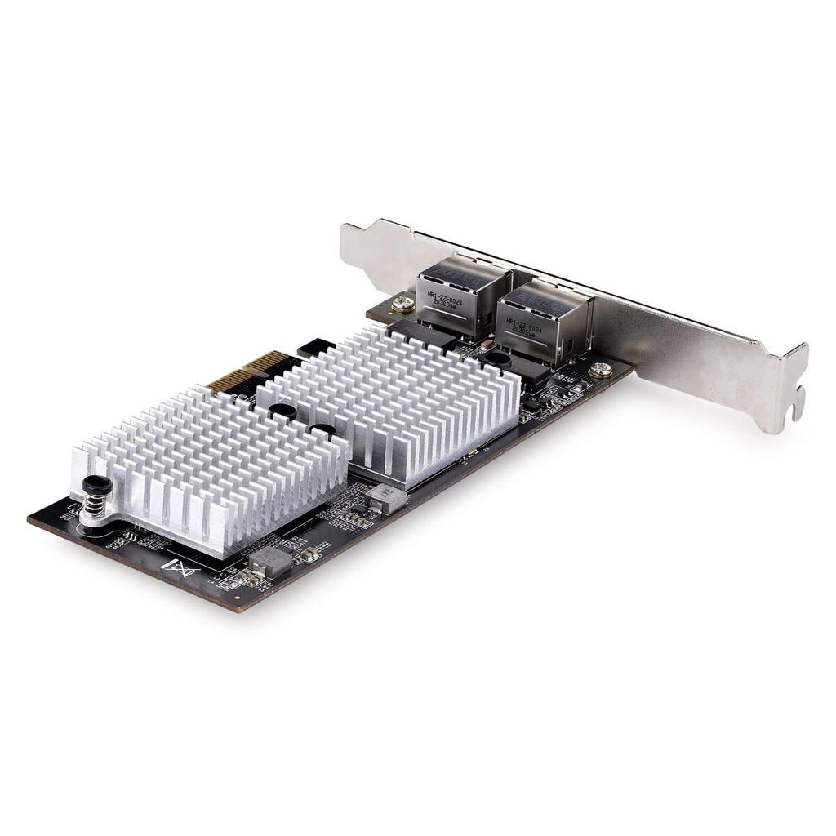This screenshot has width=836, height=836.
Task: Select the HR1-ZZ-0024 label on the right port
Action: coord(522,326)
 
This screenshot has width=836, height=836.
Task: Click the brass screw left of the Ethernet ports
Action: coord(401,305)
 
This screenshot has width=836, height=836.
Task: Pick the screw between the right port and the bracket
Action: coord(600,370)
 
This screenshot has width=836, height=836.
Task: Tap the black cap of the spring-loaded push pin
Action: coord(97,485)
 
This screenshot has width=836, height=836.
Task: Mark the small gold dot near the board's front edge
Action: coord(238,597)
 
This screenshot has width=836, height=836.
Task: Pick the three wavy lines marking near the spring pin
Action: coord(127,539)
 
